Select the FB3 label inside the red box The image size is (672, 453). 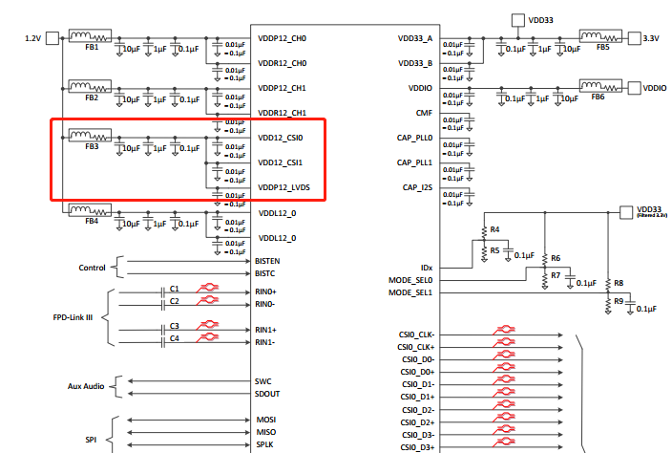tap(92, 147)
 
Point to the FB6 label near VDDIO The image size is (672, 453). tap(598, 97)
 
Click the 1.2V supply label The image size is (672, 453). tap(33, 38)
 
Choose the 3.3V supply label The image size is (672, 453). tap(652, 38)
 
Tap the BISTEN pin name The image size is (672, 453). tap(268, 260)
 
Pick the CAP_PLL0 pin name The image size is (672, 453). tap(415, 138)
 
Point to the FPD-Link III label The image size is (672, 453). tap(73, 315)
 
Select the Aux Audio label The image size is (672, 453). tap(87, 385)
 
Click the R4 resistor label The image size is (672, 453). tap(495, 230)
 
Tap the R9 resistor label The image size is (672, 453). tap(619, 302)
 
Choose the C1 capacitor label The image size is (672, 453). tap(175, 289)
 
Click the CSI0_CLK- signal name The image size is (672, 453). tap(417, 334)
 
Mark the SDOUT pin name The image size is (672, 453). tap(267, 393)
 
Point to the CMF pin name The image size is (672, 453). tap(425, 113)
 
